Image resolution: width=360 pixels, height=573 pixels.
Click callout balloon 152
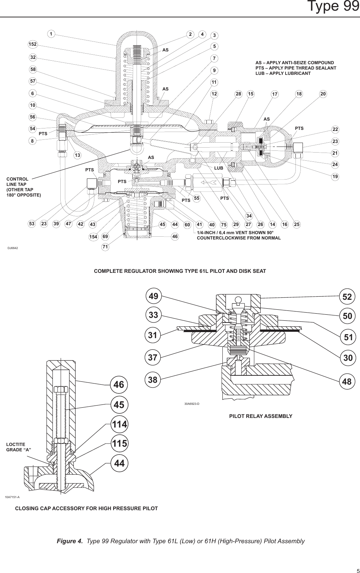(33, 44)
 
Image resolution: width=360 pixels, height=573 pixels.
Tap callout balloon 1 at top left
(51, 34)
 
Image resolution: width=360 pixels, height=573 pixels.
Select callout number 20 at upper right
(323, 94)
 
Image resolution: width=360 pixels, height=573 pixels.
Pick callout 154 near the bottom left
(93, 237)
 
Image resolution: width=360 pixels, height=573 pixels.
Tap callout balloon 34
(249, 216)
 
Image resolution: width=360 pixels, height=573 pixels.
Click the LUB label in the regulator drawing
(218, 167)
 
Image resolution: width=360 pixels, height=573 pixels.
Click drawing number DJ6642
(13, 248)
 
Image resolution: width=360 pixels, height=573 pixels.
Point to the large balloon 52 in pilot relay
(347, 296)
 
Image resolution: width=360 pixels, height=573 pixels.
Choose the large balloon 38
(153, 380)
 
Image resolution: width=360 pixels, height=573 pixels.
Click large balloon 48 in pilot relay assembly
(347, 381)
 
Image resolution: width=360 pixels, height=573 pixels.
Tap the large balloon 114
(120, 424)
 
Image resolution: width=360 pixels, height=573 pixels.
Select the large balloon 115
(120, 443)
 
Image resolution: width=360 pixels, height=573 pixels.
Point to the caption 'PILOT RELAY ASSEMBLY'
(261, 416)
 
